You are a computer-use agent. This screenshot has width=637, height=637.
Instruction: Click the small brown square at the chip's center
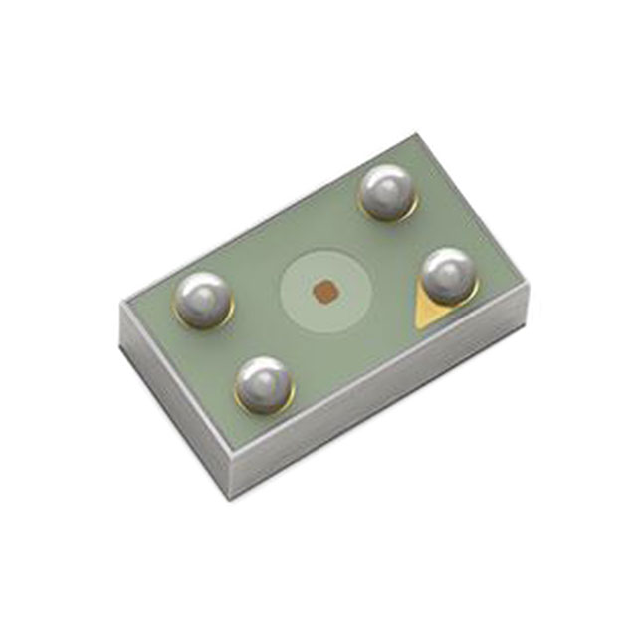point(323,290)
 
